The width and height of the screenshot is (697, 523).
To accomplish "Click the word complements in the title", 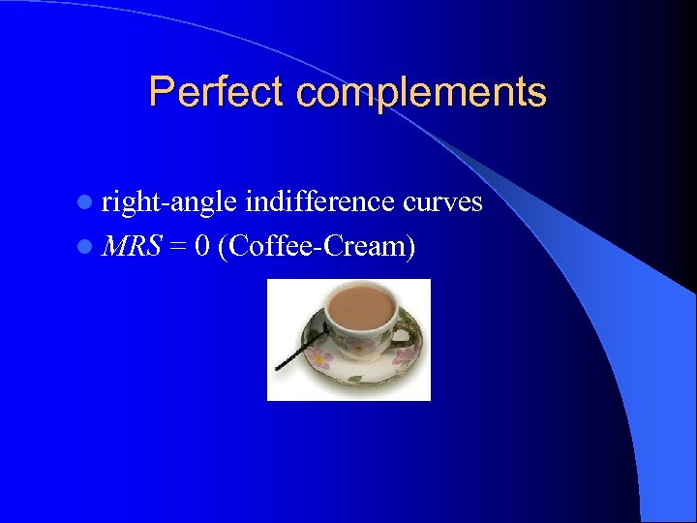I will [421, 93].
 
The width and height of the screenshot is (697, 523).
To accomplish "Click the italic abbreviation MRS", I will [131, 246].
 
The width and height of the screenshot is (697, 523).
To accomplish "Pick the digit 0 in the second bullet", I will [201, 246].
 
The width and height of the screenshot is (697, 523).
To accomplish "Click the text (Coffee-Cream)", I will [317, 247].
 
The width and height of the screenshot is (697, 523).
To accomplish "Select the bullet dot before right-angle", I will [86, 203].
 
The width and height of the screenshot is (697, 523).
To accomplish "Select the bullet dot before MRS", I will [86, 248].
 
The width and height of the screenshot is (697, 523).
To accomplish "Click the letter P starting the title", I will [161, 92].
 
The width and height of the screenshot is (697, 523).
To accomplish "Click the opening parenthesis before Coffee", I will [224, 247].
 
